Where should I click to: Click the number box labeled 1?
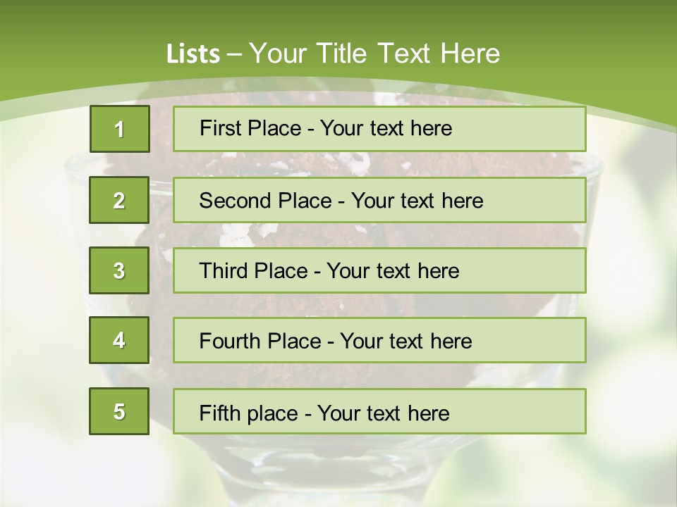click(119, 129)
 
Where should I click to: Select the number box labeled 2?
click(119, 200)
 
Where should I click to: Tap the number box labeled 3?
click(119, 270)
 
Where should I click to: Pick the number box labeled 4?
click(119, 340)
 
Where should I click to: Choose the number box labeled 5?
click(119, 411)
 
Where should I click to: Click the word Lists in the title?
click(193, 54)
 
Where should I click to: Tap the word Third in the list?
click(225, 271)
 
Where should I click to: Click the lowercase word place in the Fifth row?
click(272, 413)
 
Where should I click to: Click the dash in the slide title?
click(235, 54)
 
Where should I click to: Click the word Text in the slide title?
click(404, 54)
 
